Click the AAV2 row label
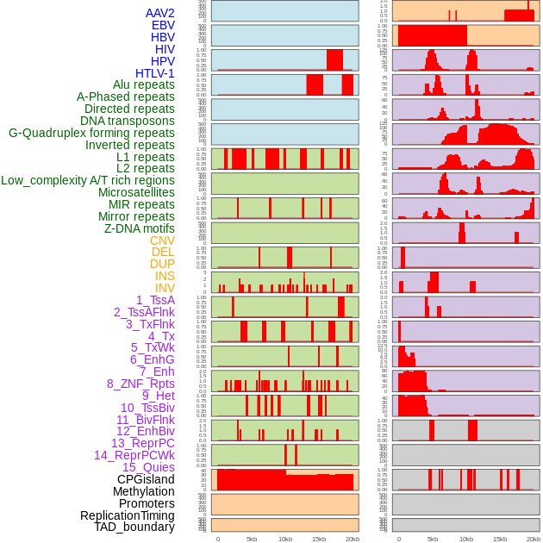159,13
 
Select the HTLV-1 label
154,73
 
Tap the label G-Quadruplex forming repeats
91,133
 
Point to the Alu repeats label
143,84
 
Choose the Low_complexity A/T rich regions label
88,180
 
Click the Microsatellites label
136,192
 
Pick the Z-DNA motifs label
139,228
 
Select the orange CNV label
162,240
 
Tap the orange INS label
165,276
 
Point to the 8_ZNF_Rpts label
140,384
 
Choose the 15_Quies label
148,467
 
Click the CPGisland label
146,479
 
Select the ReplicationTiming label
127,515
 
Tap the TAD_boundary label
134,527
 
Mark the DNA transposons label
128,121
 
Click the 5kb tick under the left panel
252,539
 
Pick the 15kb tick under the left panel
319,539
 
